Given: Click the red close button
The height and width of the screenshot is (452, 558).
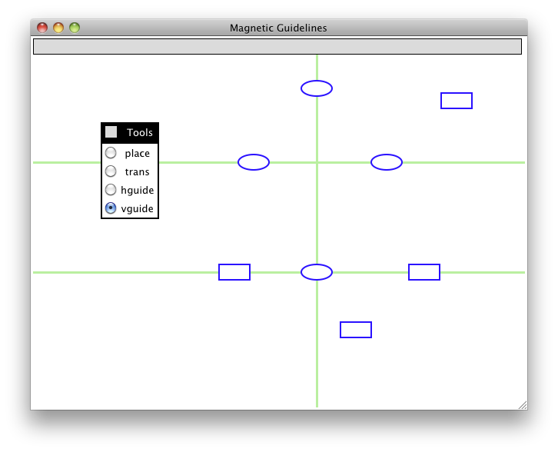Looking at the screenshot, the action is [42, 28].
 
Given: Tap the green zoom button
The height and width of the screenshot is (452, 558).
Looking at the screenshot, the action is [75, 28].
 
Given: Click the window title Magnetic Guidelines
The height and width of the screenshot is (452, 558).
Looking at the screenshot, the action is [278, 28].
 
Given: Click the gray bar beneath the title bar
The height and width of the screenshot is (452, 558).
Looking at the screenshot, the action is [277, 47].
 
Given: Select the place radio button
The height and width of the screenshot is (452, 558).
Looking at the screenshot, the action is [111, 153].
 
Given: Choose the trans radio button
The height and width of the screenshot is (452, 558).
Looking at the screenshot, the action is [111, 171].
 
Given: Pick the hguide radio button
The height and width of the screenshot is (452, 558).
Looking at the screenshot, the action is [111, 190].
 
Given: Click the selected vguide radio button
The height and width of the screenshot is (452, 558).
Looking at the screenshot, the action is [111, 208].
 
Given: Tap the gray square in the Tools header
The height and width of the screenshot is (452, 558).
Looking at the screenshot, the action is [111, 132].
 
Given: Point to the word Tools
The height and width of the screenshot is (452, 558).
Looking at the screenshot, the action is [140, 132].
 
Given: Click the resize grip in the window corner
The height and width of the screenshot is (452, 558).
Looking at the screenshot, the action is [523, 405].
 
